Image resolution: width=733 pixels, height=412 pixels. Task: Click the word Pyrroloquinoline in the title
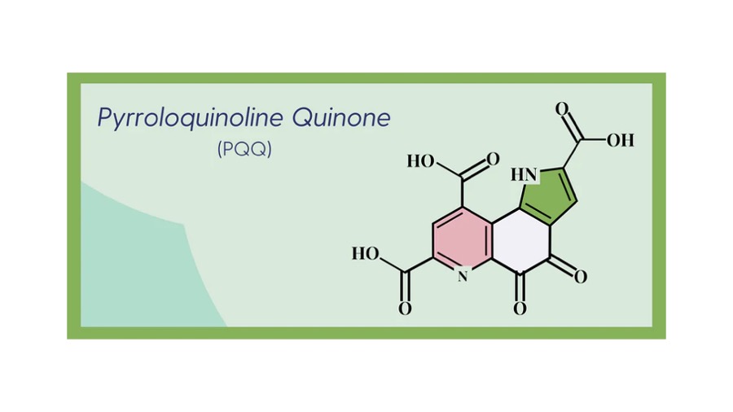(x=191, y=118)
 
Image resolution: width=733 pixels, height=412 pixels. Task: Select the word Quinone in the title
(x=341, y=117)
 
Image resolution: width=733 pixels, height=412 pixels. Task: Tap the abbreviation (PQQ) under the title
(x=244, y=149)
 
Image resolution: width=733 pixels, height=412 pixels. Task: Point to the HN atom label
(x=524, y=175)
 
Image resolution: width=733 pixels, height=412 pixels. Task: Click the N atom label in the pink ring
(x=463, y=275)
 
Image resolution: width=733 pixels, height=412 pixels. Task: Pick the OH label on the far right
(x=621, y=140)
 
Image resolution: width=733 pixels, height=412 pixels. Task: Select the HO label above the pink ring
(x=421, y=161)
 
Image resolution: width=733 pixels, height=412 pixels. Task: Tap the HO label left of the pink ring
(x=366, y=254)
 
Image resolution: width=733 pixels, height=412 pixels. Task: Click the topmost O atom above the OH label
(x=562, y=109)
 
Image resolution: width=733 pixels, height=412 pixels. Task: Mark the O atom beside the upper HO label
(x=493, y=160)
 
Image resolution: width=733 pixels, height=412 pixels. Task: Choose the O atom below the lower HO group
(x=405, y=309)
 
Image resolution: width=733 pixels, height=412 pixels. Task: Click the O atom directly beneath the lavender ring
(x=520, y=309)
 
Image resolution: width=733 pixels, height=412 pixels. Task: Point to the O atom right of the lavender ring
(x=581, y=277)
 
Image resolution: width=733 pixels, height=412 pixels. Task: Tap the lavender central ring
(x=520, y=241)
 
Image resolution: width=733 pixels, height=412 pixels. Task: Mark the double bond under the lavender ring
(x=520, y=287)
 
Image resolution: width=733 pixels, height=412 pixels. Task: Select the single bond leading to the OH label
(x=593, y=140)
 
